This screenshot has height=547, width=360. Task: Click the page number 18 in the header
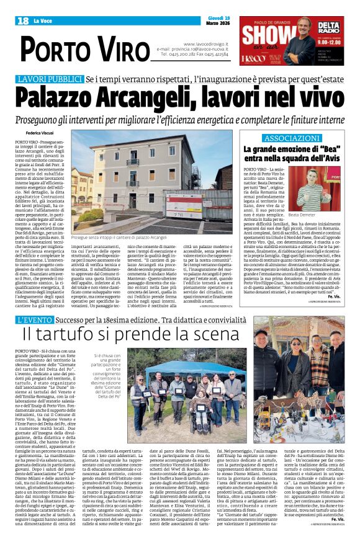pos(23,21)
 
